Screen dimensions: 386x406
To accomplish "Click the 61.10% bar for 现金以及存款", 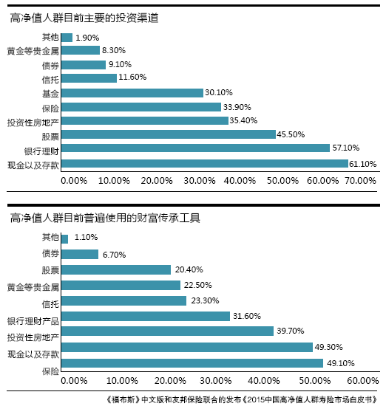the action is (x=205, y=164).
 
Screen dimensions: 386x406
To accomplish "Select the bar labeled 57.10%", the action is (x=196, y=148).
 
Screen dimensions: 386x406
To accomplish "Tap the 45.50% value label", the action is (x=291, y=134).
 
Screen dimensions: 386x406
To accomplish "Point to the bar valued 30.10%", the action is (x=132, y=93).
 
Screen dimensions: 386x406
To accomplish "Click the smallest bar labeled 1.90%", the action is (x=67, y=38).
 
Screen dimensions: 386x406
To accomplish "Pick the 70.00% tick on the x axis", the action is (x=360, y=181).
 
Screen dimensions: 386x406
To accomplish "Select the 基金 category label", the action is (x=50, y=94).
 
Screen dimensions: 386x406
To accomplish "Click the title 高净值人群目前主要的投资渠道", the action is (x=84, y=18).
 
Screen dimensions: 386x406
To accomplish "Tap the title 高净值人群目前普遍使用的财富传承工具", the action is (x=105, y=218).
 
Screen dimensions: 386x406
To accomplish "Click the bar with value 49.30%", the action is (x=187, y=347).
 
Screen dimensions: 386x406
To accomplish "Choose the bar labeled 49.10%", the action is (x=192, y=363).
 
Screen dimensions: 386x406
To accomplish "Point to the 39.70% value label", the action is (x=291, y=331).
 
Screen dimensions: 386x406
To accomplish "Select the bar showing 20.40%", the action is (x=116, y=269).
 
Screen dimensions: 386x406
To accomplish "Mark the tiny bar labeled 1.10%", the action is (x=65, y=239).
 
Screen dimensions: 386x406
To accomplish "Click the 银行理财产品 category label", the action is (x=33, y=321).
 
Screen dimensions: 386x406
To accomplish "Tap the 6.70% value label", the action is (x=115, y=255).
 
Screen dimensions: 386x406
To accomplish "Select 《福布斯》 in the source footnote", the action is (x=123, y=399).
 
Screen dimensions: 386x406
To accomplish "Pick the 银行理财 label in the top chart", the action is (x=41, y=151).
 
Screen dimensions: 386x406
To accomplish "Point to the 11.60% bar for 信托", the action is (x=89, y=78).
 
